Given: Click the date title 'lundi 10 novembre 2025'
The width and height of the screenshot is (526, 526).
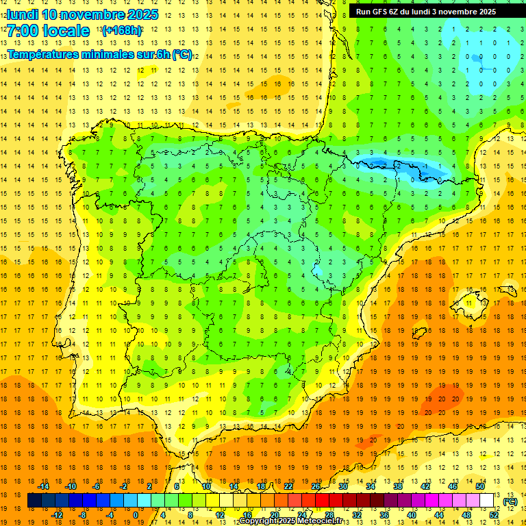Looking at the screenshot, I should coord(82,14).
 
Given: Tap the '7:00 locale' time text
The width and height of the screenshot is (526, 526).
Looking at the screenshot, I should coord(48,31).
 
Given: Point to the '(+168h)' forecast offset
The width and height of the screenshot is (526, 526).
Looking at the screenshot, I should coord(122,31).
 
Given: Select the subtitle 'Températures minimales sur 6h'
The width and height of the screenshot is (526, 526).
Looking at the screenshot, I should coord(99,55).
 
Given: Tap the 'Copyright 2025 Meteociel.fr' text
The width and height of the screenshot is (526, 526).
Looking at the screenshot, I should coord(291,521).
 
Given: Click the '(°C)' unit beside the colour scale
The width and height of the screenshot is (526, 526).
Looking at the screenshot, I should coord(510,501).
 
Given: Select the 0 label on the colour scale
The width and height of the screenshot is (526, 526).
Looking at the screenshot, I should coord(136,515).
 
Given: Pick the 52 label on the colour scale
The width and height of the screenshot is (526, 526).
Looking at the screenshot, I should coord(494,515).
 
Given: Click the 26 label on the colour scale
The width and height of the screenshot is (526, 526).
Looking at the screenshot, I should coord(316,486).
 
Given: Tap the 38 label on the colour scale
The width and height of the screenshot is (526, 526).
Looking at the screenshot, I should coord(398,486).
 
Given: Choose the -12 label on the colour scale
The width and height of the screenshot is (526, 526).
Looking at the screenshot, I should coord(57,515).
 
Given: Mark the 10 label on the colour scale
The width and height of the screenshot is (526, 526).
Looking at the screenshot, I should coord(205,486).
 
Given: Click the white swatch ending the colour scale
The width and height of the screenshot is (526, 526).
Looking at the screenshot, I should coord(487,501).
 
